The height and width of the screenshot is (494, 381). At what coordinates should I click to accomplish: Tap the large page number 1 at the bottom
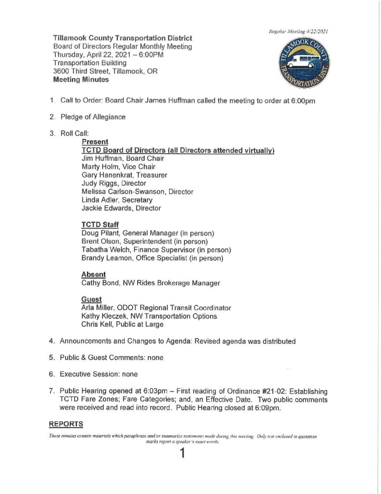[183, 454]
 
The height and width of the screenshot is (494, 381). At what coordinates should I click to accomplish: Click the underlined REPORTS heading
[66, 424]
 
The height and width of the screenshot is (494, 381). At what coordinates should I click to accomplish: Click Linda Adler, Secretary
[117, 200]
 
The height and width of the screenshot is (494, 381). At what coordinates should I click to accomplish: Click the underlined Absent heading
[94, 274]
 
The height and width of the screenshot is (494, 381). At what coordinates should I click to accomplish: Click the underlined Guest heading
[92, 299]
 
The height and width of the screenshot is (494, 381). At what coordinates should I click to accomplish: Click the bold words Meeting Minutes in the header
[81, 80]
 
